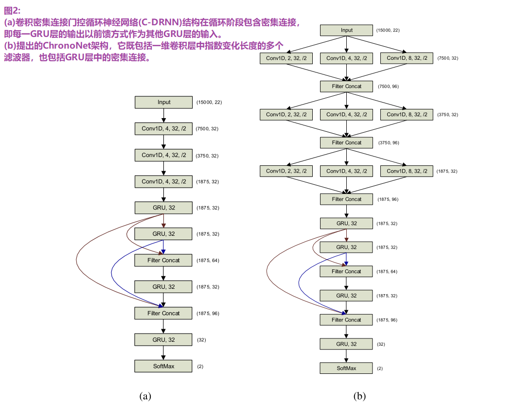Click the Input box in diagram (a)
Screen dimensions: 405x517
[x=164, y=102]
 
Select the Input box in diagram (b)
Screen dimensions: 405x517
[x=346, y=30]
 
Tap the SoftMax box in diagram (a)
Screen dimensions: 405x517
[x=164, y=366]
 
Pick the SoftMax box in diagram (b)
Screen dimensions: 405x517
[x=346, y=368]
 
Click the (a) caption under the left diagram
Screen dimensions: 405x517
[x=145, y=396]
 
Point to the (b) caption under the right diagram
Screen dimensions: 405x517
[x=359, y=396]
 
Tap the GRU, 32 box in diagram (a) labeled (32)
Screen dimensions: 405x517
[x=164, y=340]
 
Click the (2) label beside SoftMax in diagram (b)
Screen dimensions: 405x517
[x=380, y=369]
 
